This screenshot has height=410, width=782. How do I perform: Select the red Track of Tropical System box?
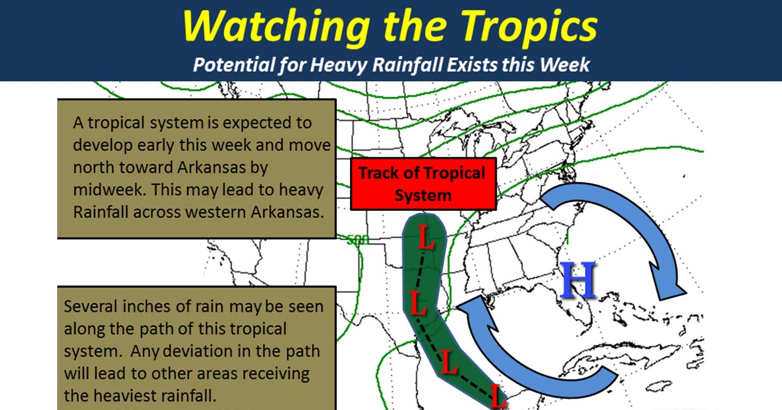point(423,184)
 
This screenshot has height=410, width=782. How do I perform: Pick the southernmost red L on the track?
point(498,396)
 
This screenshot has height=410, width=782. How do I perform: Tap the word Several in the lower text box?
point(91,306)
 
